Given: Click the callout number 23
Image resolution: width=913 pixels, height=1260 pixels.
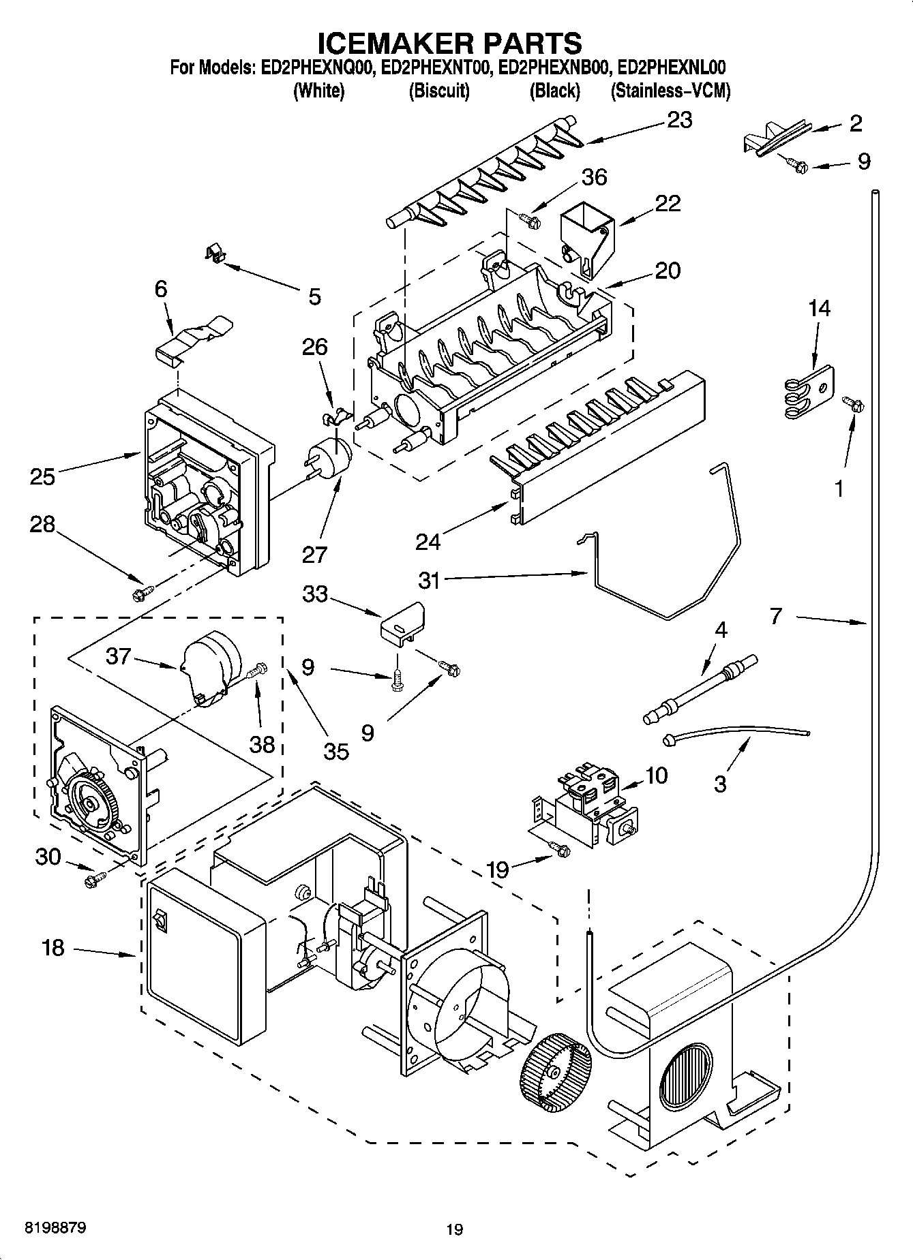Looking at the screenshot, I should point(679,120).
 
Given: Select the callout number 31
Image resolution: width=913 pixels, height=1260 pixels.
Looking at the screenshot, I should point(429,581).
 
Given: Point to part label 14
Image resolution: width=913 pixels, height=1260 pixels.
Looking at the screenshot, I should point(820,308).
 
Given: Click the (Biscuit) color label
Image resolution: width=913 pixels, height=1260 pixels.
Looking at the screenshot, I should point(439,91).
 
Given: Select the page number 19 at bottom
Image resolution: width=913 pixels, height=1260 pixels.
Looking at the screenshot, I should point(455,1230).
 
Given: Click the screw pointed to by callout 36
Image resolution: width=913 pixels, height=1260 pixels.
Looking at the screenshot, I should point(530,220).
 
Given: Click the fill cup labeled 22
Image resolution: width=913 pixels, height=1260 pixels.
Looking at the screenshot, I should point(586,241).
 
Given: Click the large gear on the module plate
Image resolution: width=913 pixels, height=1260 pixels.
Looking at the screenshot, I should point(91,802).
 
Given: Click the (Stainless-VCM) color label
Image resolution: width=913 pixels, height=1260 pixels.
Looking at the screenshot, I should point(670,91).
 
